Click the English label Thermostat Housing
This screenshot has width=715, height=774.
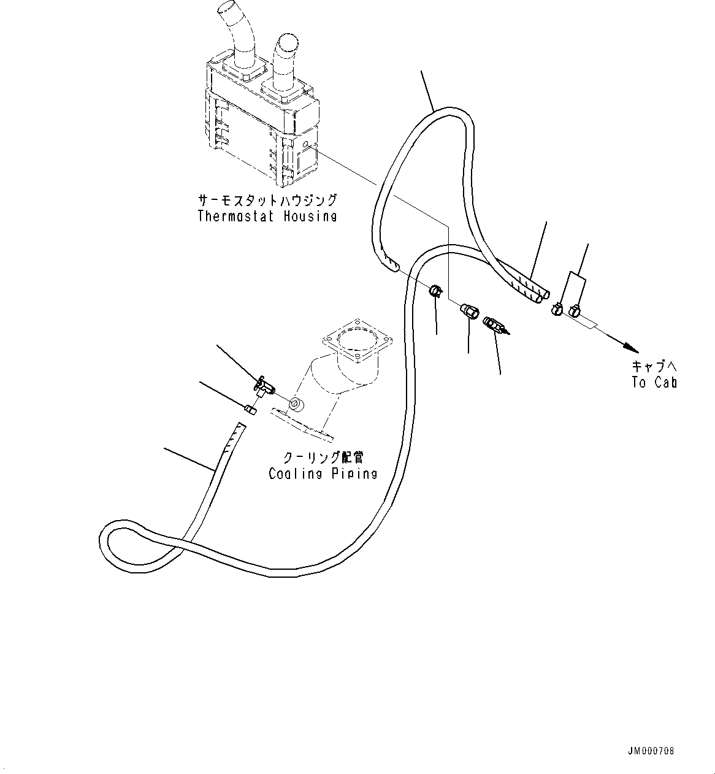click(x=267, y=216)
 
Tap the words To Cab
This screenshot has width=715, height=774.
click(x=654, y=382)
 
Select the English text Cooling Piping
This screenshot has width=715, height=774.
click(x=323, y=473)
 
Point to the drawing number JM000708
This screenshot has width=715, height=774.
click(x=651, y=751)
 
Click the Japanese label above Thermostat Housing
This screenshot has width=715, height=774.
click(x=267, y=201)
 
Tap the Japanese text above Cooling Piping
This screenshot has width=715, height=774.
click(x=323, y=458)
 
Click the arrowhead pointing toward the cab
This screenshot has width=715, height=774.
click(x=630, y=348)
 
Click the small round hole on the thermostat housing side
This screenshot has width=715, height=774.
click(x=305, y=144)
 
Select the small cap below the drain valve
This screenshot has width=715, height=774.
click(x=250, y=410)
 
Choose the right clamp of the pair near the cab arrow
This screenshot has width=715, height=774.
click(x=575, y=310)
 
